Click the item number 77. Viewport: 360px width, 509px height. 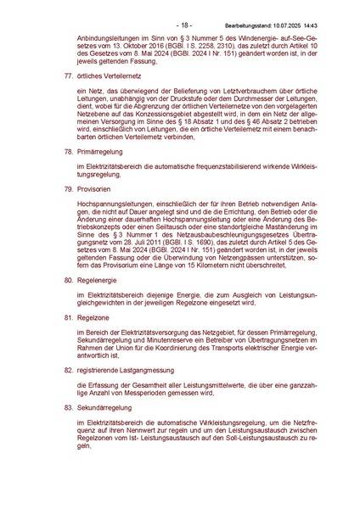[59, 76]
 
